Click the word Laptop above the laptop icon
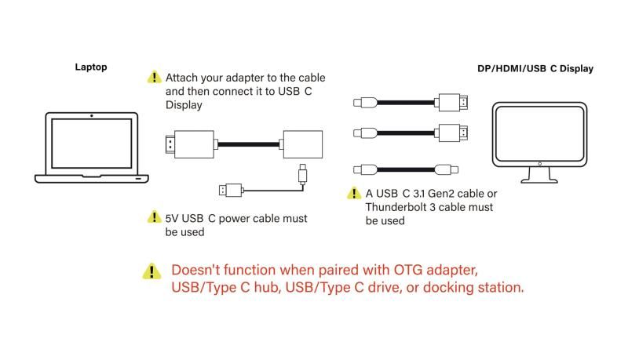pyautogui.click(x=91, y=67)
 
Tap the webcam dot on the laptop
pyautogui.click(x=92, y=116)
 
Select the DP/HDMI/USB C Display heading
pyautogui.click(x=535, y=69)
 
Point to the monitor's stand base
pyautogui.click(x=539, y=180)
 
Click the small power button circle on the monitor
pyautogui.click(x=539, y=163)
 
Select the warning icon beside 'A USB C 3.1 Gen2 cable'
pyautogui.click(x=355, y=193)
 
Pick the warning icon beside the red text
pyautogui.click(x=149, y=271)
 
